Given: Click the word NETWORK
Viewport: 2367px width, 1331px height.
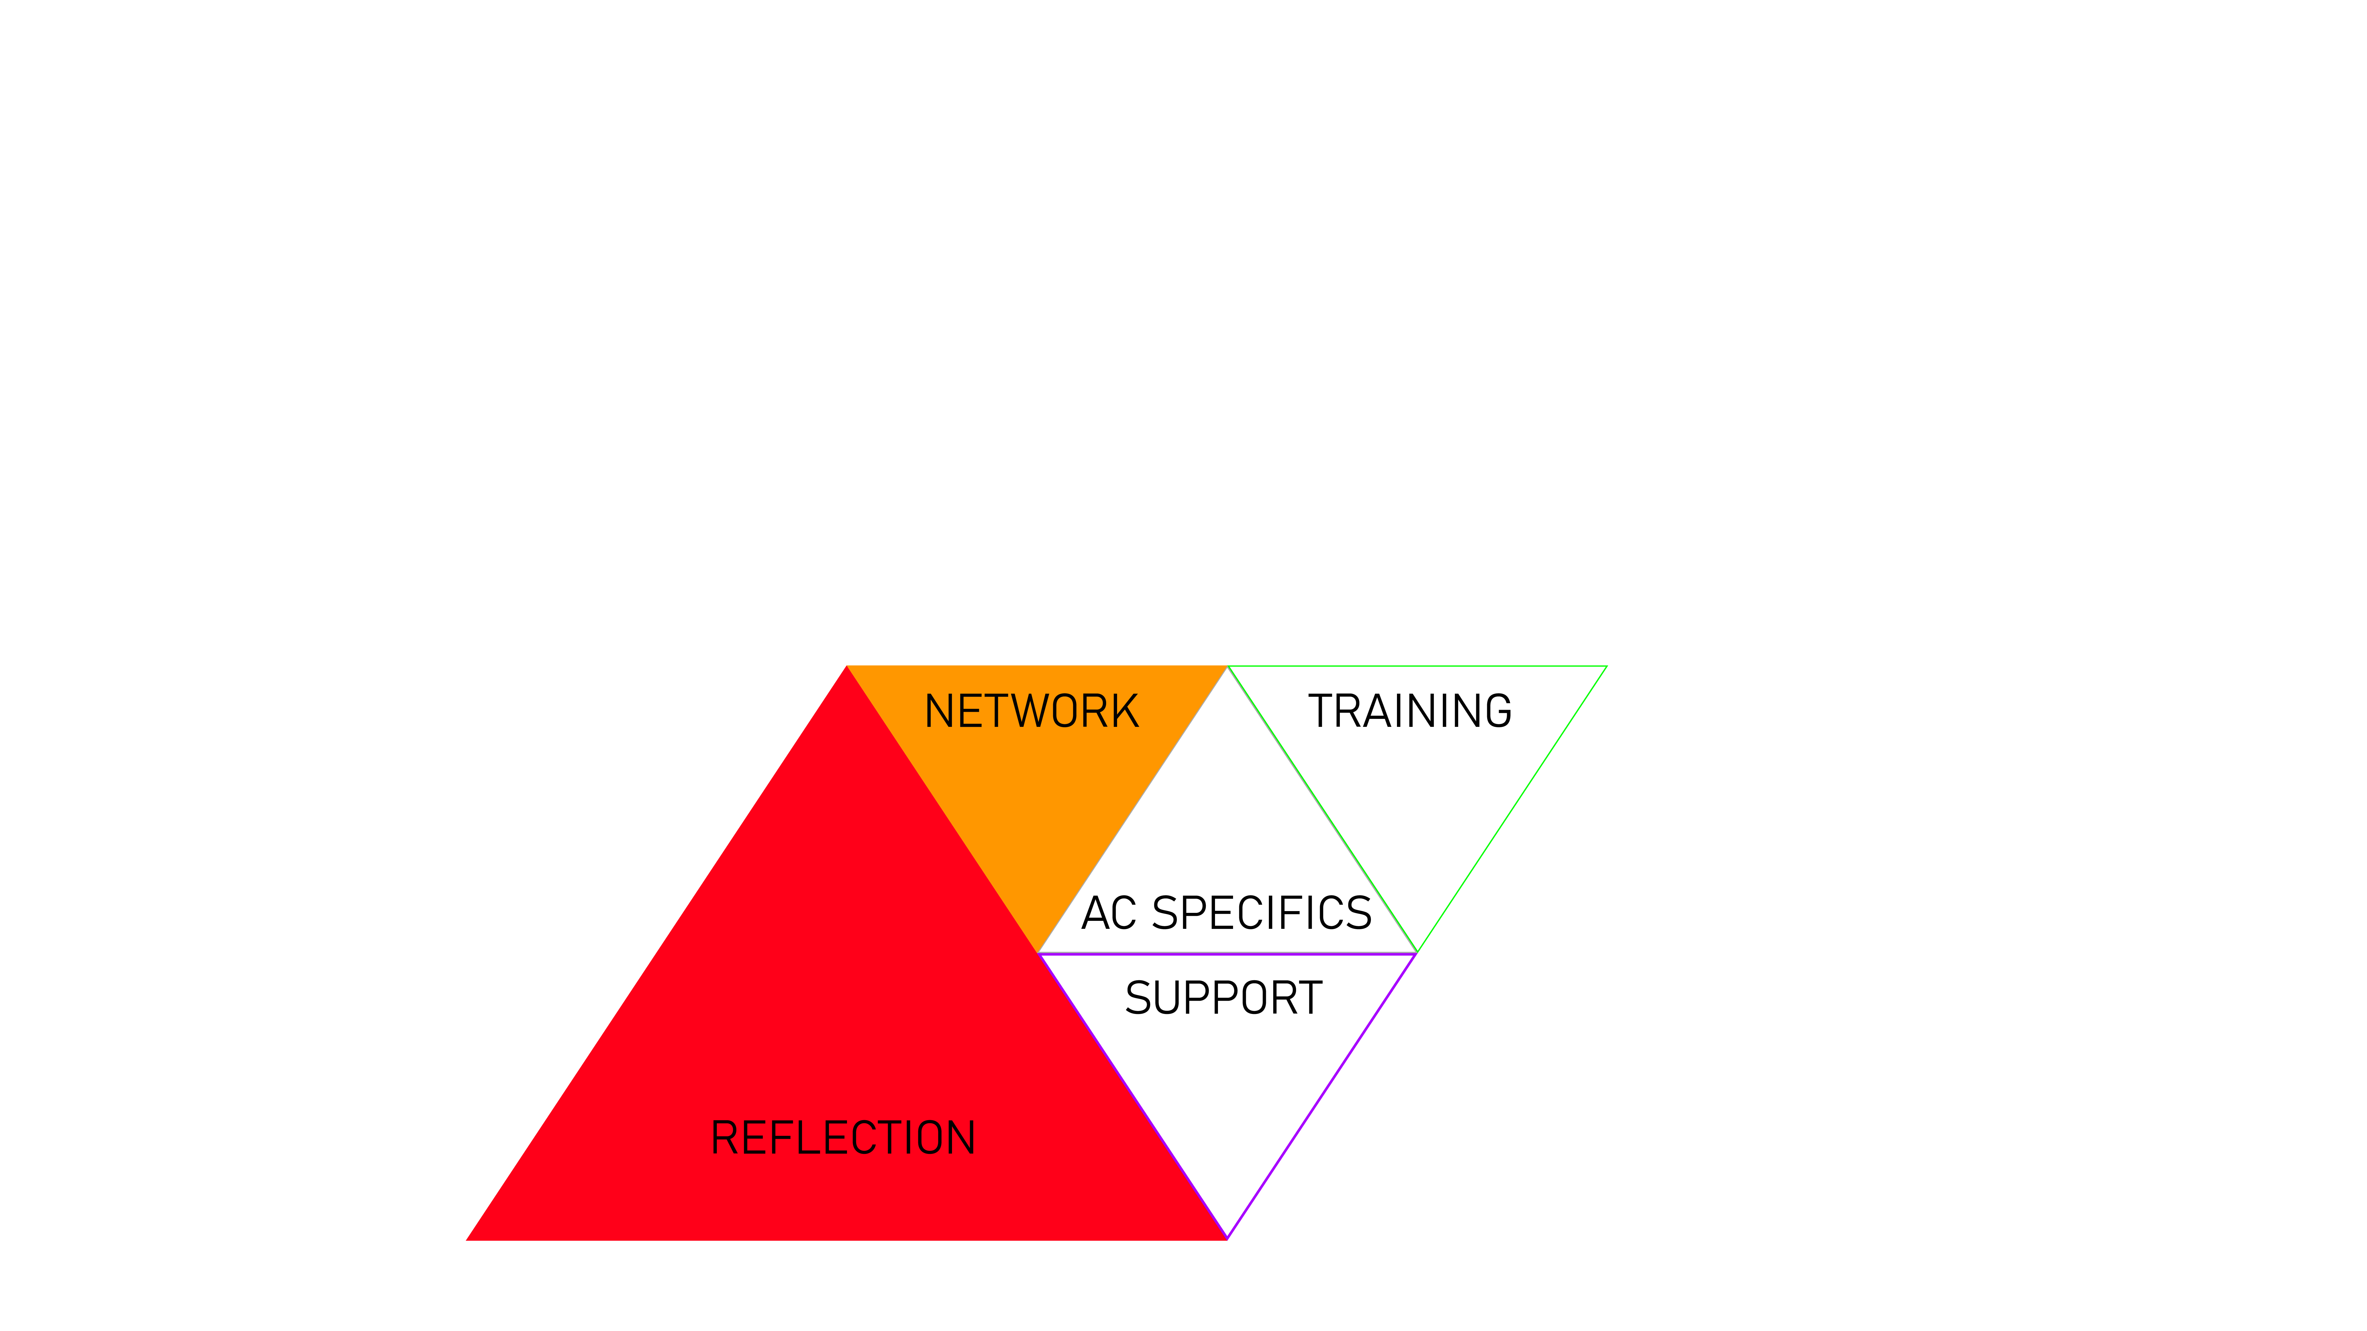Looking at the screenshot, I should pyautogui.click(x=1031, y=712).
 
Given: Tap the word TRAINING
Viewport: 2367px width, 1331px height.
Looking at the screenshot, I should pyautogui.click(x=1410, y=712).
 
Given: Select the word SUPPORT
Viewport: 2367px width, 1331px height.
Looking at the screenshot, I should pyautogui.click(x=1223, y=999).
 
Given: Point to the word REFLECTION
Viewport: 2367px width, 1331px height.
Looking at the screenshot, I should pyautogui.click(x=843, y=1138).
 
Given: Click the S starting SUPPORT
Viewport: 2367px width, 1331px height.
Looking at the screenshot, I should pyautogui.click(x=1138, y=999).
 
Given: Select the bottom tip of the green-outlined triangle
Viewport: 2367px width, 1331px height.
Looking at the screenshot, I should pyautogui.click(x=1418, y=951).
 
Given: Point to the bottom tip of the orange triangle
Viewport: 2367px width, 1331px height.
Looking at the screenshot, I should pyautogui.click(x=1038, y=951).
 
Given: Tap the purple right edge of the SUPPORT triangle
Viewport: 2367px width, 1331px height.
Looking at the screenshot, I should pyautogui.click(x=1323, y=1095).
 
